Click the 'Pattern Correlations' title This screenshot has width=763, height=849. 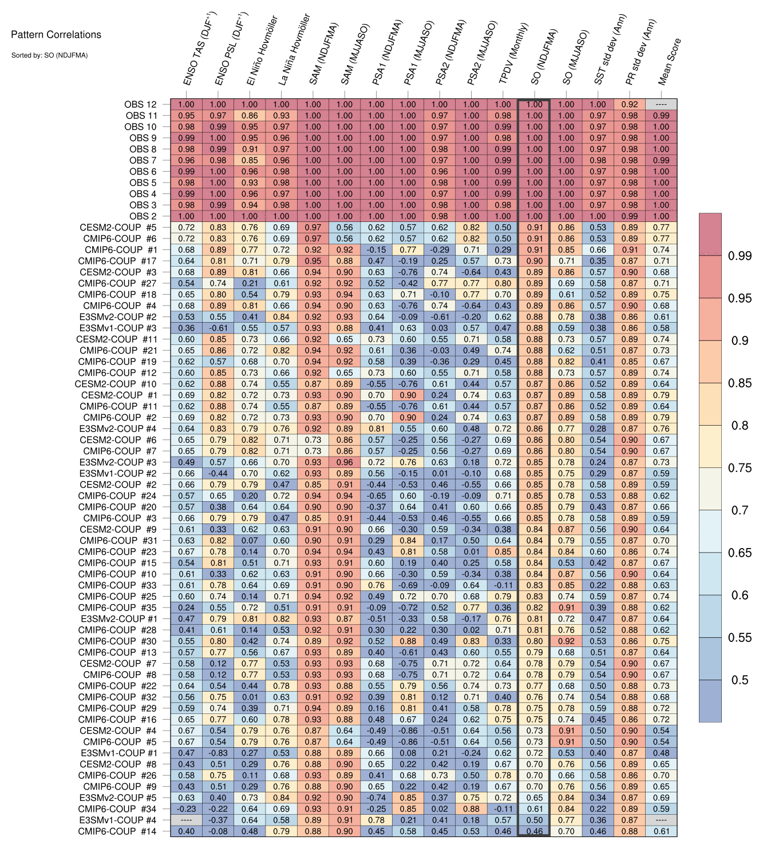click(56, 35)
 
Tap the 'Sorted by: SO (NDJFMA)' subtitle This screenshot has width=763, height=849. click(49, 55)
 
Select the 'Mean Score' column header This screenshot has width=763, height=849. click(670, 62)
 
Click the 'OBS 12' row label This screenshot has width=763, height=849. click(140, 104)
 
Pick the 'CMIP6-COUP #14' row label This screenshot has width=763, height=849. click(117, 831)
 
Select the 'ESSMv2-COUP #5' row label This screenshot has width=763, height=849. click(118, 798)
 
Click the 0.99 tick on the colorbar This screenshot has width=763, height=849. click(740, 256)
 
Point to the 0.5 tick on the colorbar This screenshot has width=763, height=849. click(740, 680)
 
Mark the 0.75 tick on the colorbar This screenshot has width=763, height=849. click(740, 468)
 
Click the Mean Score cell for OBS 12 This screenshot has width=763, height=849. click(661, 105)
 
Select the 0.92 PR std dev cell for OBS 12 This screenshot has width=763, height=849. click(630, 105)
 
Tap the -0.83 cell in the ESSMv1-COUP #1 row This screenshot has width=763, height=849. click(218, 753)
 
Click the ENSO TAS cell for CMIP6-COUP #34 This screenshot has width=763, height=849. click(186, 809)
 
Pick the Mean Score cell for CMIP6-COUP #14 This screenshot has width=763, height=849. click(661, 831)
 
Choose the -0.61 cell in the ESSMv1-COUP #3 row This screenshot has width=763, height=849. click(218, 328)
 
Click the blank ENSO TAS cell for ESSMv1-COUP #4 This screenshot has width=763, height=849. click(186, 820)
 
